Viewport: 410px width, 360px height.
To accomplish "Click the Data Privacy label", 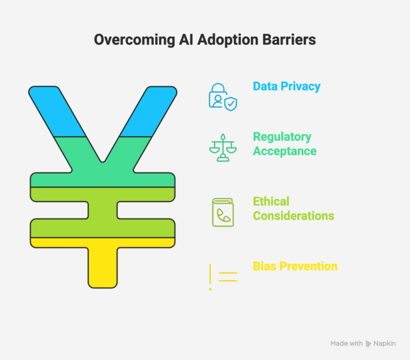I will [287, 85].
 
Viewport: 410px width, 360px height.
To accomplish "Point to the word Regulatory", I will [282, 137].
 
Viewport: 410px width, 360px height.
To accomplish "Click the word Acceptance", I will [285, 151].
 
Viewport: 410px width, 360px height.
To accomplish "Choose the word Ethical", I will [271, 201].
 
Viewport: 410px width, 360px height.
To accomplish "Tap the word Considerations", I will [293, 216].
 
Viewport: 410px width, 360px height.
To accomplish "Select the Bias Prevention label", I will [295, 266].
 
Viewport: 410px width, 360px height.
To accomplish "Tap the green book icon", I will [223, 212].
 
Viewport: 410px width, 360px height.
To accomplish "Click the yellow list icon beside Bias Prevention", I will [223, 277].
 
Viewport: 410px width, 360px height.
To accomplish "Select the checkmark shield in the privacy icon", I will [231, 104].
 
